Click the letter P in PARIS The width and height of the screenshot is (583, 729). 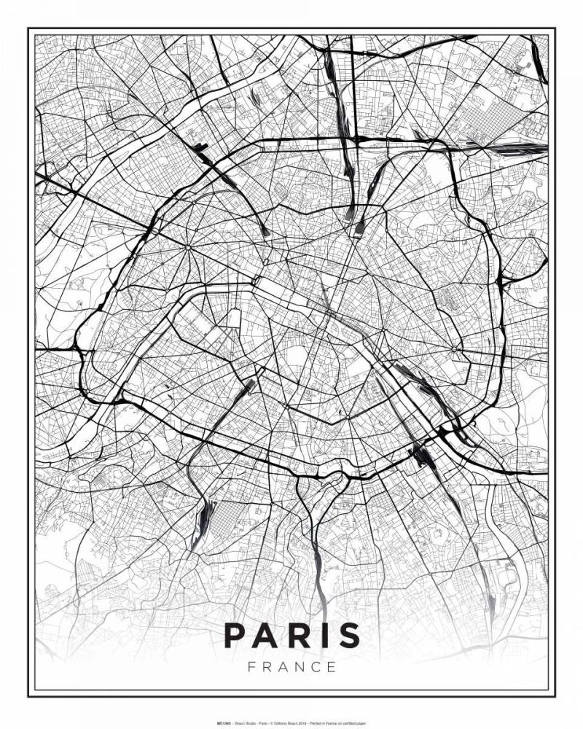point(235,635)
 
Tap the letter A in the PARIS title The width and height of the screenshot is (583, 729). point(267,635)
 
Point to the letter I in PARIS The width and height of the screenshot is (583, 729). point(324,635)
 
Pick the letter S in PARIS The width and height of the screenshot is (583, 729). point(348,635)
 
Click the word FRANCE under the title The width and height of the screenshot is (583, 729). point(291,666)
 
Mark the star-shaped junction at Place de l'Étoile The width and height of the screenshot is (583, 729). point(188,248)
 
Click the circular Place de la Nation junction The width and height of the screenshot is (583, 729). point(454,349)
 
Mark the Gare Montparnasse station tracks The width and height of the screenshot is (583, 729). point(246,386)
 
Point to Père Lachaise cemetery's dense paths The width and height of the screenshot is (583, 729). point(446,299)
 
